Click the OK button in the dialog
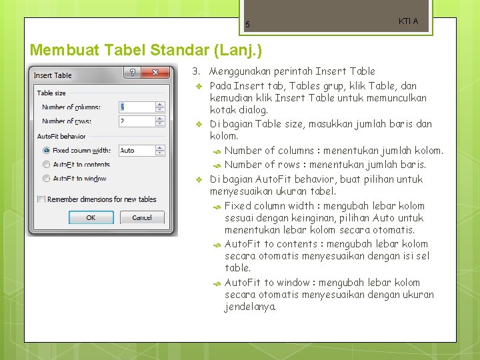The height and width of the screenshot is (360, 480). [x=91, y=217]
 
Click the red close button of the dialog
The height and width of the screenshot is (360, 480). [x=158, y=73]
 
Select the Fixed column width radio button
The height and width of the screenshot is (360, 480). [x=46, y=151]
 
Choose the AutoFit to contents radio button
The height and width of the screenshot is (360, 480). [x=46, y=164]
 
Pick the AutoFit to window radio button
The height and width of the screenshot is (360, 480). [x=46, y=178]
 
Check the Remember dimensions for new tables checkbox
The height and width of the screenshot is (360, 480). [x=41, y=199]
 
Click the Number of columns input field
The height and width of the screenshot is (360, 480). [x=136, y=107]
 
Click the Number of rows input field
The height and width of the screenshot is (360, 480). [x=136, y=121]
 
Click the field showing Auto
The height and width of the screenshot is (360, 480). [x=136, y=151]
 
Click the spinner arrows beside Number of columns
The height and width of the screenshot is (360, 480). [x=160, y=107]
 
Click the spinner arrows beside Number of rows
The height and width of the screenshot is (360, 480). [x=160, y=121]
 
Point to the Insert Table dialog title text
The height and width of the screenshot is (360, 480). [x=53, y=75]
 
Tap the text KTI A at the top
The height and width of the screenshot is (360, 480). [x=408, y=21]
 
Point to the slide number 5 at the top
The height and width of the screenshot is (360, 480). [x=247, y=25]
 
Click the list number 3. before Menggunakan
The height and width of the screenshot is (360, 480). [x=196, y=71]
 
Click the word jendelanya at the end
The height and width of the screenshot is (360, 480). [x=250, y=307]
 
